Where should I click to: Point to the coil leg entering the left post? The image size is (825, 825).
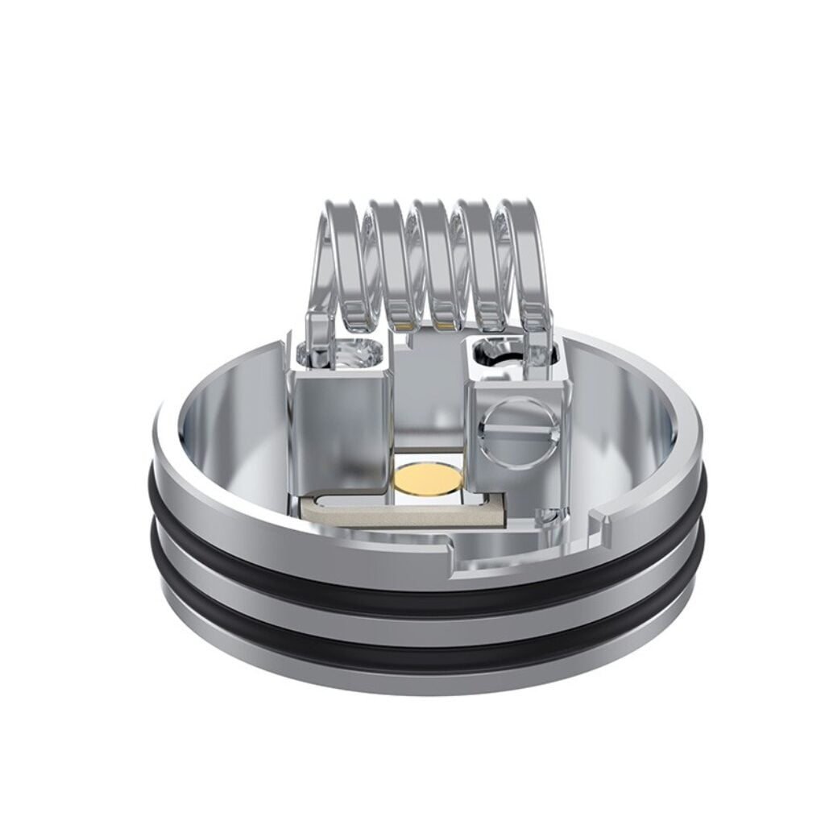pyautogui.click(x=321, y=338)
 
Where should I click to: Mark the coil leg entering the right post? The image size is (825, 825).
pyautogui.click(x=535, y=338)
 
